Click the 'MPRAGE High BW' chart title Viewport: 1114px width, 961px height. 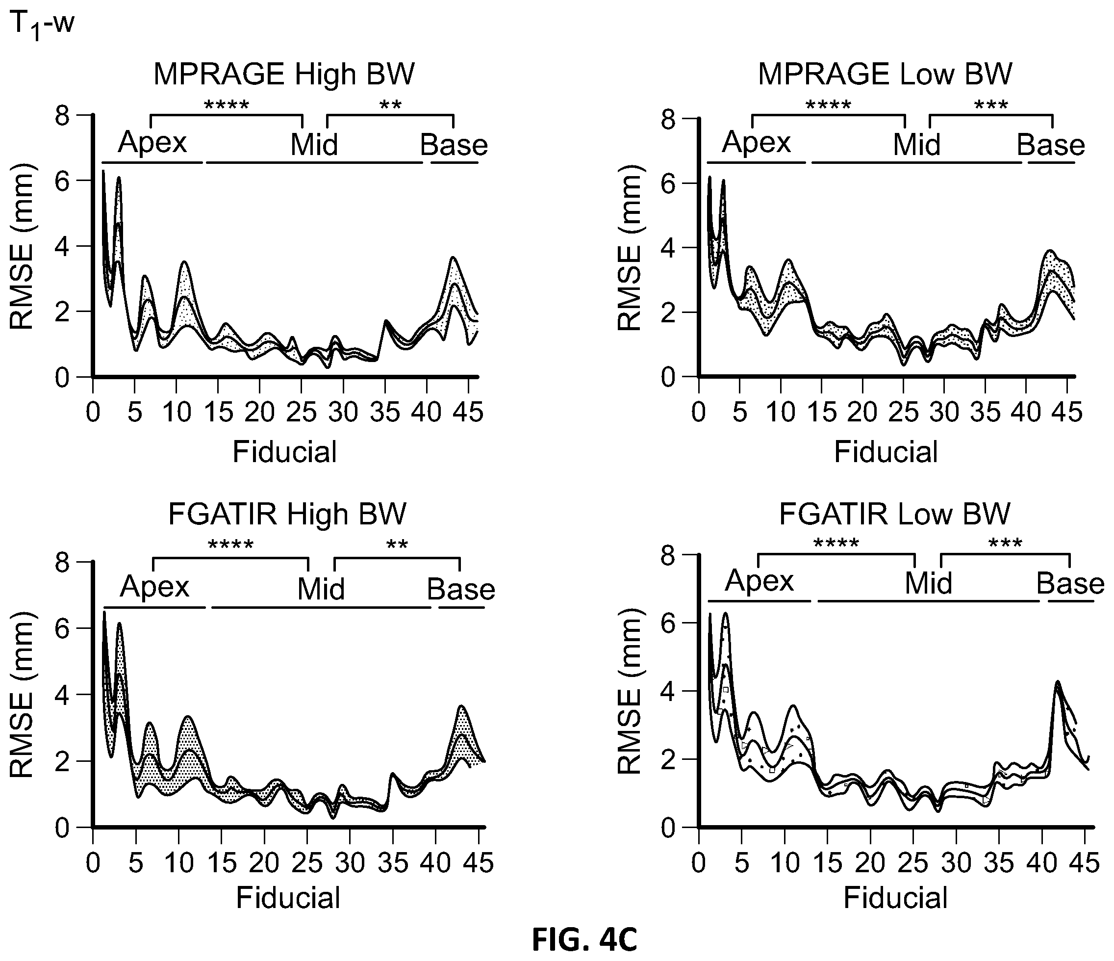coord(284,74)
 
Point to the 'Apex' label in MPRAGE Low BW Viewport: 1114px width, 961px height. coord(757,143)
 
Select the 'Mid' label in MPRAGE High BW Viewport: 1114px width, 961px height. coord(314,145)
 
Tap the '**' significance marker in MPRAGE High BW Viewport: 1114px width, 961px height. coord(391,104)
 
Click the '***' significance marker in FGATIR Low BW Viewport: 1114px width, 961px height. coord(1006,543)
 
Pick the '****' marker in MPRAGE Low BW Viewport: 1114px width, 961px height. coord(829,104)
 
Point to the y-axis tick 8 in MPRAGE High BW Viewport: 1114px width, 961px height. coord(62,115)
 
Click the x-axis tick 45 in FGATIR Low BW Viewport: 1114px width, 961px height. coord(1085,863)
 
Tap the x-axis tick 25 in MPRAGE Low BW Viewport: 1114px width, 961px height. coord(904,413)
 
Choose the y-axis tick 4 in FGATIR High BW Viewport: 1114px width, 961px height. coord(62,694)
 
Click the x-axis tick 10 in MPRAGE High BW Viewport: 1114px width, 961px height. coord(177,413)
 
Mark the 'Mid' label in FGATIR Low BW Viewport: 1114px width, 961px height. coord(929,583)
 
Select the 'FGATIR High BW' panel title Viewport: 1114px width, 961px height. coord(287,514)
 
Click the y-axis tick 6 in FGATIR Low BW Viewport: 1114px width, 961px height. coord(668,622)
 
